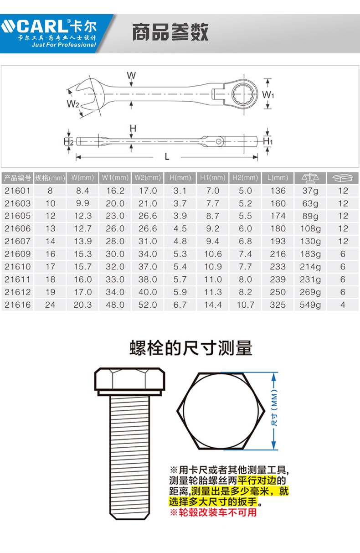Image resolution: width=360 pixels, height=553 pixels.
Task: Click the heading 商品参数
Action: [170, 32]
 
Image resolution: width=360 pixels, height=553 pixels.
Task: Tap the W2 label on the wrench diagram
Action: [73, 104]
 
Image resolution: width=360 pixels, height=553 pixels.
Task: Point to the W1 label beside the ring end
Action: [268, 94]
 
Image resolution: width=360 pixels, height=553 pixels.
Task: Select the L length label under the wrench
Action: [167, 157]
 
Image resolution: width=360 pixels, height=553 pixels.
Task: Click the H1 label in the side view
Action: [267, 141]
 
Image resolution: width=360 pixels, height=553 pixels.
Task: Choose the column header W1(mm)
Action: [115, 178]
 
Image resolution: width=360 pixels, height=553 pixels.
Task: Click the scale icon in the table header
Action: [310, 178]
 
